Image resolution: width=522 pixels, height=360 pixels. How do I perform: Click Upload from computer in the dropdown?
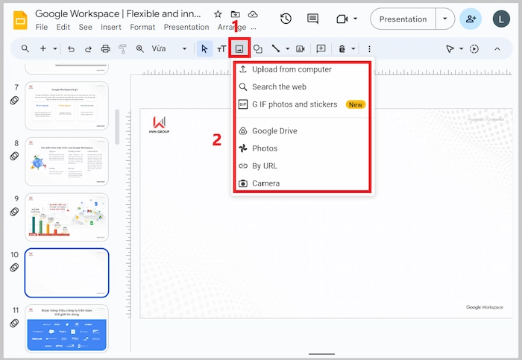[x=291, y=69]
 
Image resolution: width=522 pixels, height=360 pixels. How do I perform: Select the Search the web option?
[x=279, y=86]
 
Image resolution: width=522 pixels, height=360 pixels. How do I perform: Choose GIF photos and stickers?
[x=294, y=104]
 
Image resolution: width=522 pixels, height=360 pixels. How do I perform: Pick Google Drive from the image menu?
[x=274, y=131]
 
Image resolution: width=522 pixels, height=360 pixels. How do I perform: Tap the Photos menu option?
[x=264, y=148]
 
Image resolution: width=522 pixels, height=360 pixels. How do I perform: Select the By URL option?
[x=264, y=165]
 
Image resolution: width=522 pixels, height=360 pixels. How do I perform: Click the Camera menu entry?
[x=265, y=183]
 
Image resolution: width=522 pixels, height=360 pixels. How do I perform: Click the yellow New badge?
[x=356, y=104]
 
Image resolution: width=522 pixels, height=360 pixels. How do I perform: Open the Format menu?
[x=142, y=28]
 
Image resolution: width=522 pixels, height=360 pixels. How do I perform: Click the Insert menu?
[x=111, y=28]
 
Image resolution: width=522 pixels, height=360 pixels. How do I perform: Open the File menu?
[x=42, y=28]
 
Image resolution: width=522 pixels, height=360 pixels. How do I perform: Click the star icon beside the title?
[x=218, y=14]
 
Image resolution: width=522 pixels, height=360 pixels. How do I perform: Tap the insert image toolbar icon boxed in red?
[x=239, y=48]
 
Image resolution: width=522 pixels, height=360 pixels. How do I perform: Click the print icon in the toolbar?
[x=105, y=48]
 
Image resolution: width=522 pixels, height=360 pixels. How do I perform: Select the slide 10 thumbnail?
[x=66, y=273]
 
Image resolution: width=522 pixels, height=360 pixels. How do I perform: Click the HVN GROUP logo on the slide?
[x=160, y=124]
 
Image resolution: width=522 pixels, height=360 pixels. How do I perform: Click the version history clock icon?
[x=286, y=19]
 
